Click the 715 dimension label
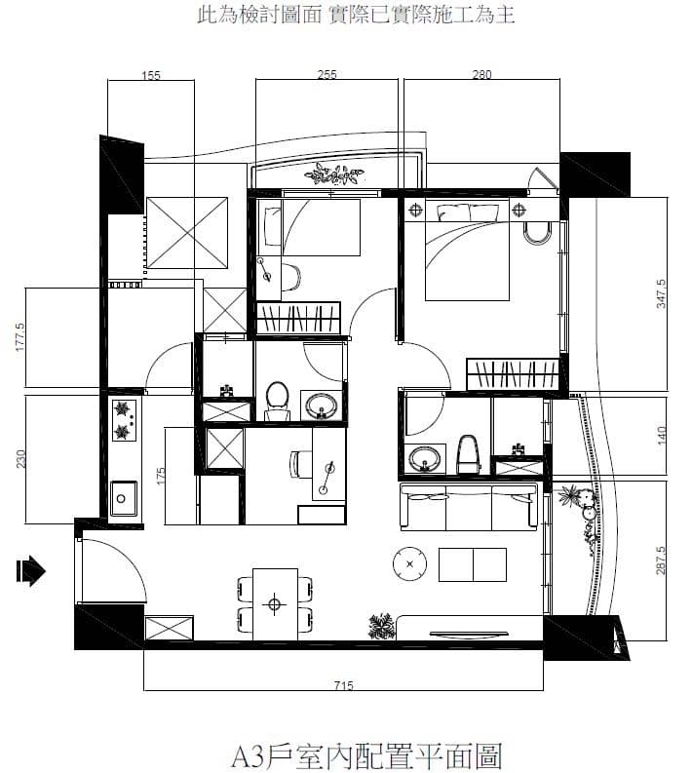tap(343, 685)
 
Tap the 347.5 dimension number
tap(661, 293)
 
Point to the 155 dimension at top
tap(151, 75)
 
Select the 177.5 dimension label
tap(20, 337)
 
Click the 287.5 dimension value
tap(661, 560)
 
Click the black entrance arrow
tap(30, 571)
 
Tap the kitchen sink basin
tap(123, 498)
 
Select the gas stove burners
tap(124, 420)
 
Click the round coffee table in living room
tap(409, 563)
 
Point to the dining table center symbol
tap(275, 604)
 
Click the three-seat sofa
tap(468, 507)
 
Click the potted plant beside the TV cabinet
tap(381, 626)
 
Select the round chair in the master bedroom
tap(536, 233)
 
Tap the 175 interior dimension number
tap(160, 476)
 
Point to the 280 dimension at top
tap(481, 75)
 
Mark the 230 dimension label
tap(20, 459)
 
